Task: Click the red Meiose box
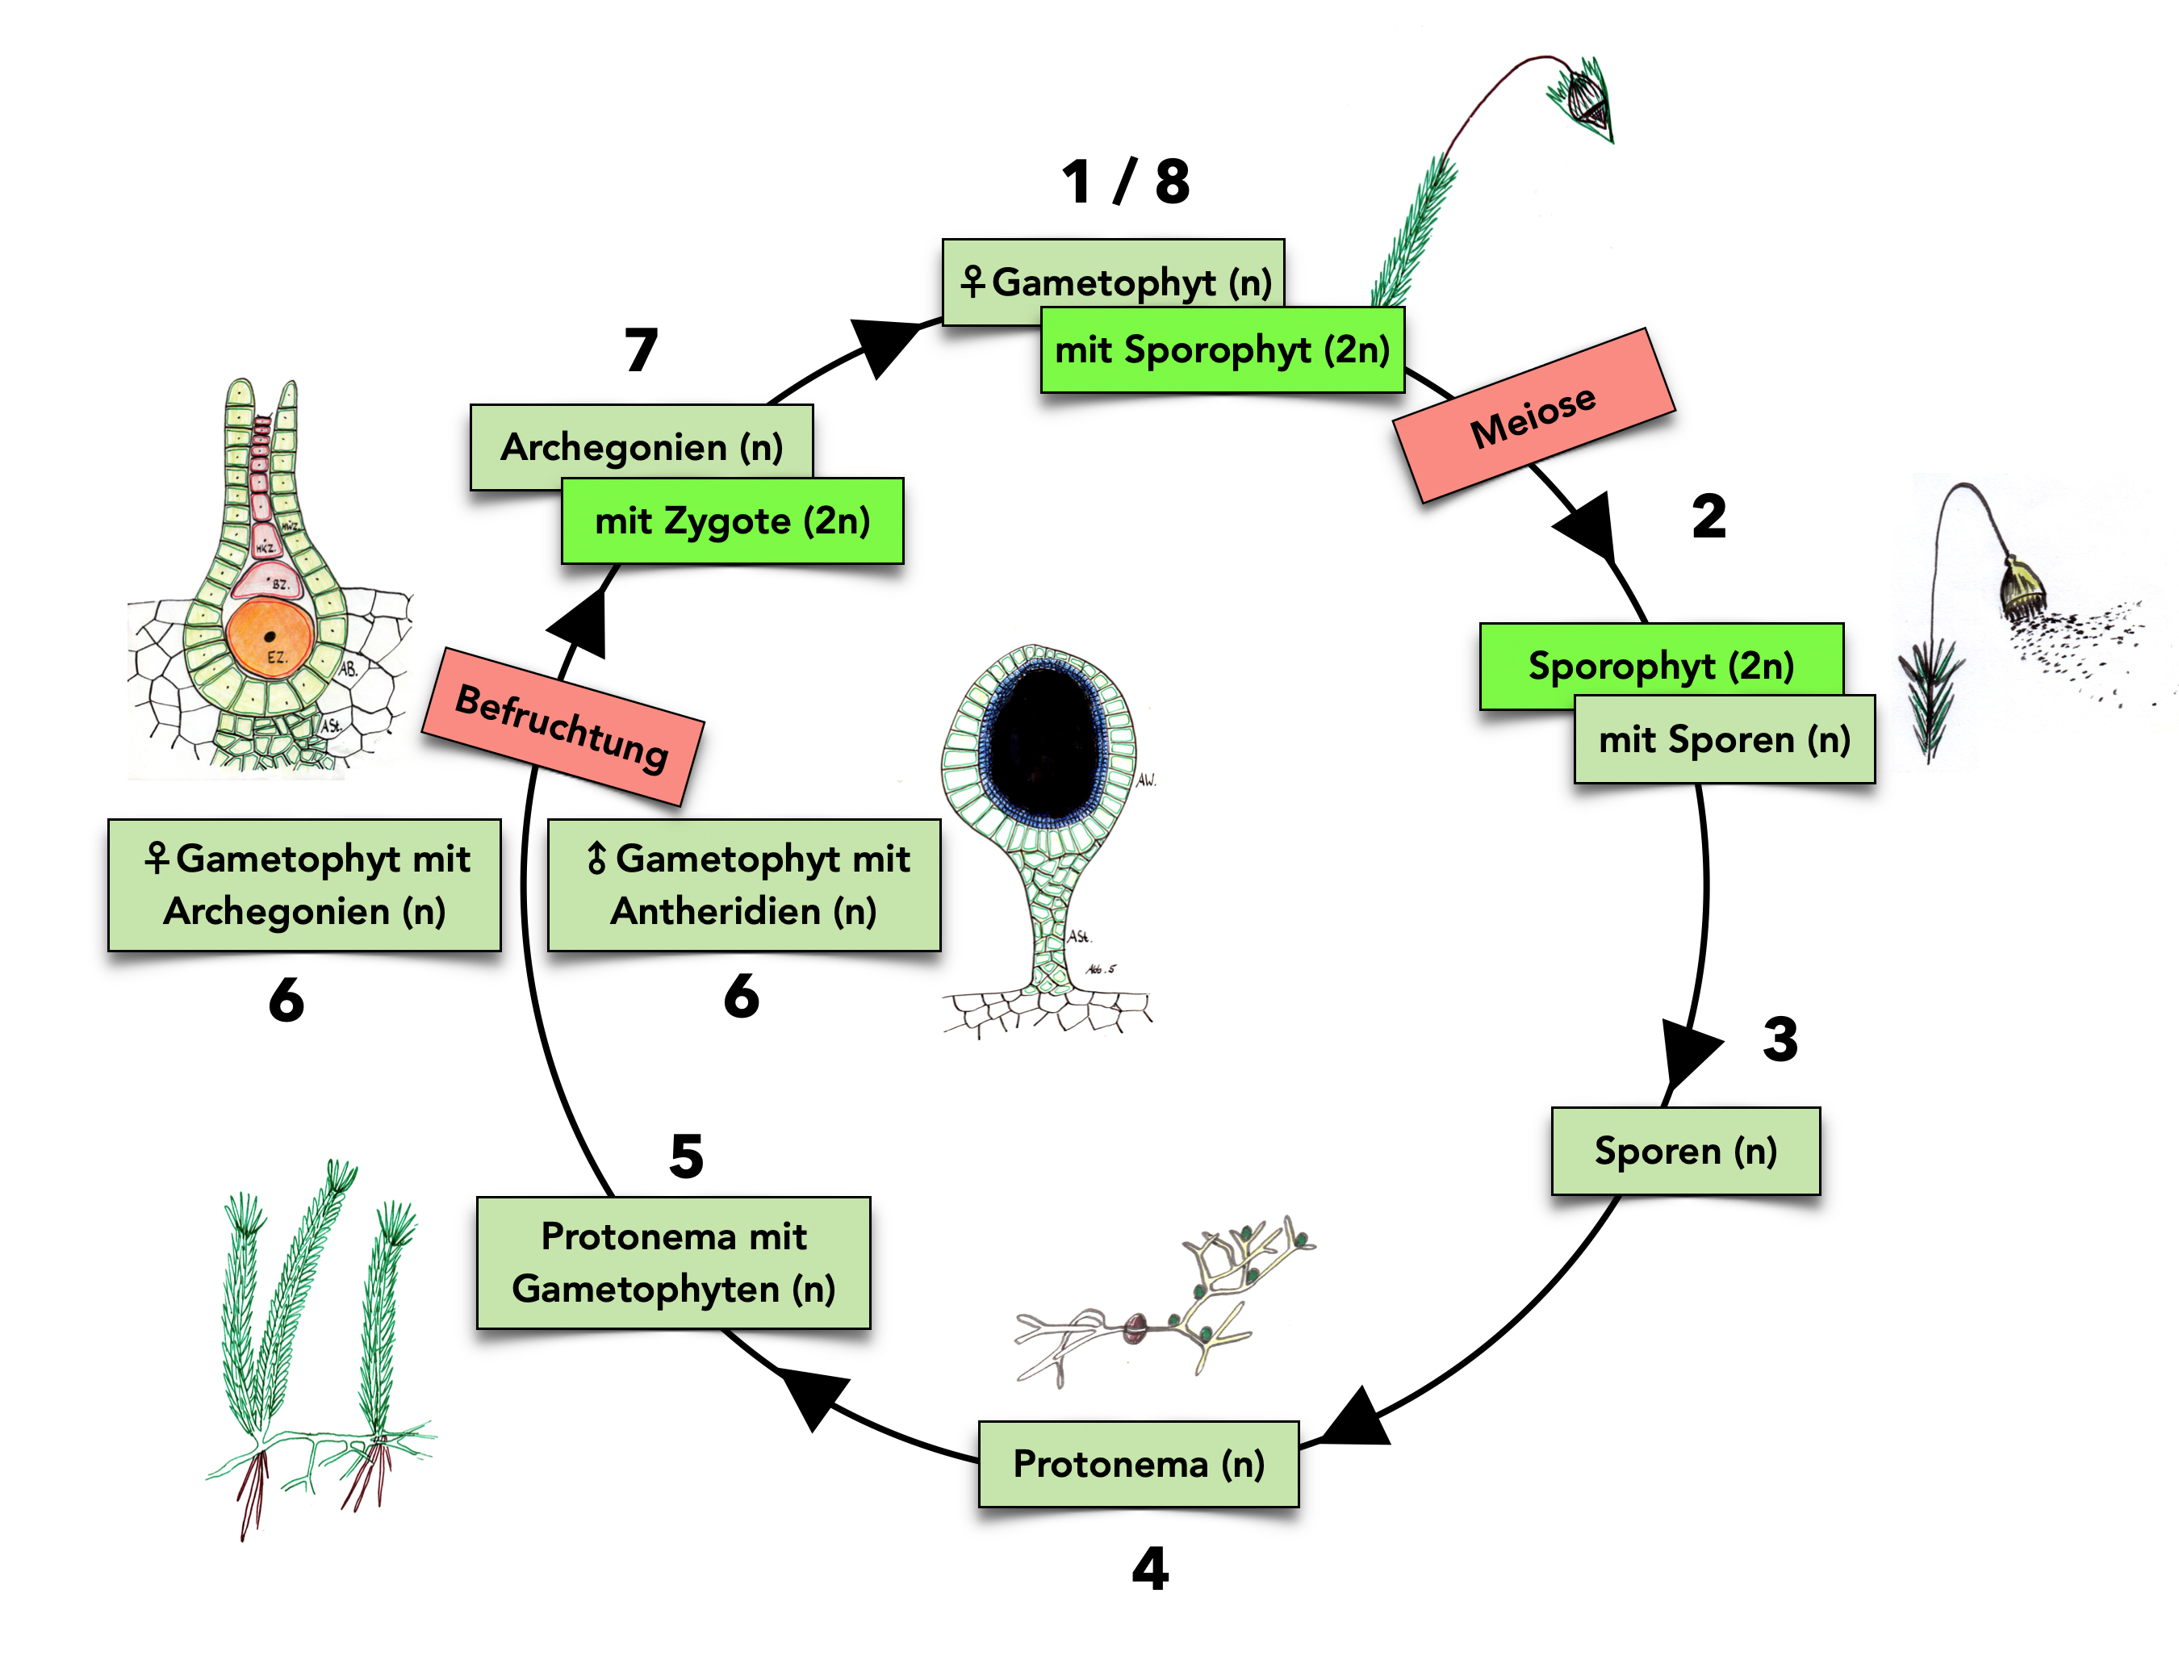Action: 1533,415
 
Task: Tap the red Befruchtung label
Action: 562,726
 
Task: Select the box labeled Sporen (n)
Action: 1684,1150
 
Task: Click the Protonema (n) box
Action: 1137,1463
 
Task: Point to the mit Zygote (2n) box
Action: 731,521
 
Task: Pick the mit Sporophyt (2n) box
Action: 1221,350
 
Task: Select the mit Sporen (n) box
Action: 1724,739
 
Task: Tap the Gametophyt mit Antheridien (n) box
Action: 744,884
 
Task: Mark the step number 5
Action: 686,1156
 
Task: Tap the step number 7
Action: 641,350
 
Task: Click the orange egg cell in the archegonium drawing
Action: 269,638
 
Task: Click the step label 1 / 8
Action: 1126,182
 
